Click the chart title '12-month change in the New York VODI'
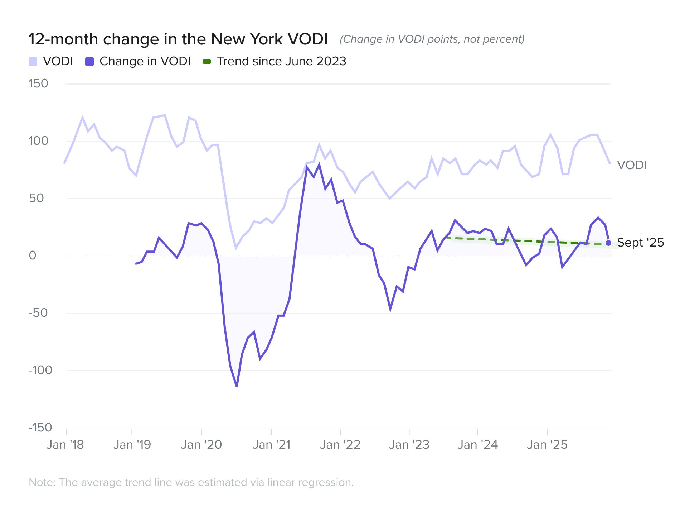[x=178, y=39]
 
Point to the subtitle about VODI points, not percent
[x=432, y=39]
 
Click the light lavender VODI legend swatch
[x=33, y=62]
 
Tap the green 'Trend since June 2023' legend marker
[x=207, y=62]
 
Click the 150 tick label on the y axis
[x=38, y=83]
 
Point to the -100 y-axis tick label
[x=40, y=370]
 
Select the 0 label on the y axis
[x=33, y=256]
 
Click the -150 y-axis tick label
[x=40, y=427]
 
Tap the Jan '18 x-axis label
[x=65, y=445]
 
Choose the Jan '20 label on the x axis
[x=201, y=445]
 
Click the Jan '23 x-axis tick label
[x=409, y=445]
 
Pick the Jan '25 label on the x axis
[x=547, y=445]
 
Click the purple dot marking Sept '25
[x=608, y=243]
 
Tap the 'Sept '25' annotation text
[x=640, y=243]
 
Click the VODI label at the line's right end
[x=632, y=165]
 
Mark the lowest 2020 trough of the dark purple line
[x=237, y=386]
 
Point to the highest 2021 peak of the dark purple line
[x=319, y=164]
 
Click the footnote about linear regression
[x=191, y=482]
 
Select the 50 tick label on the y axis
[x=36, y=198]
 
